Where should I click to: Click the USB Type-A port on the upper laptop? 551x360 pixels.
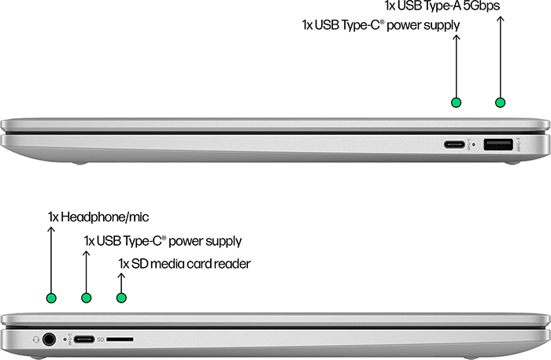click(x=498, y=144)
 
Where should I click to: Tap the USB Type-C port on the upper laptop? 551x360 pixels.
click(x=454, y=144)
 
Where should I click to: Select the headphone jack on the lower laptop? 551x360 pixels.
click(x=49, y=340)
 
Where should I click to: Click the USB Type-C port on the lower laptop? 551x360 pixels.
click(x=84, y=340)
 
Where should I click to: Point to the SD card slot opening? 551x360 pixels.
click(x=120, y=340)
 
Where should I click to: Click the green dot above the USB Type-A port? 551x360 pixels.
click(x=500, y=102)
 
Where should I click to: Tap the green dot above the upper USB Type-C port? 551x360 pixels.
click(x=456, y=102)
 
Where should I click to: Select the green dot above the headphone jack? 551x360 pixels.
click(x=51, y=298)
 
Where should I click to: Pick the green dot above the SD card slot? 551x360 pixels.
click(x=121, y=298)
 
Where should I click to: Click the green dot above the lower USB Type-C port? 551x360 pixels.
click(x=86, y=298)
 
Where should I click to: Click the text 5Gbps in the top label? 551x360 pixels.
click(x=481, y=6)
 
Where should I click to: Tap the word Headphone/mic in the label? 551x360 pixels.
click(x=105, y=217)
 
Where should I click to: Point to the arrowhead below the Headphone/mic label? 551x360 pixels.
click(x=51, y=229)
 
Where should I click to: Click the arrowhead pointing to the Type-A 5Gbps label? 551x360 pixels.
click(x=501, y=19)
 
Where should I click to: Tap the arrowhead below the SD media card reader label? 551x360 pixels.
click(x=121, y=276)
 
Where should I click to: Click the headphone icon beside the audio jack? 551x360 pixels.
click(x=35, y=340)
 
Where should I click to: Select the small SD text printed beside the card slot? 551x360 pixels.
click(x=101, y=340)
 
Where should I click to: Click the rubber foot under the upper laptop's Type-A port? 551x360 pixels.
click(x=512, y=163)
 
